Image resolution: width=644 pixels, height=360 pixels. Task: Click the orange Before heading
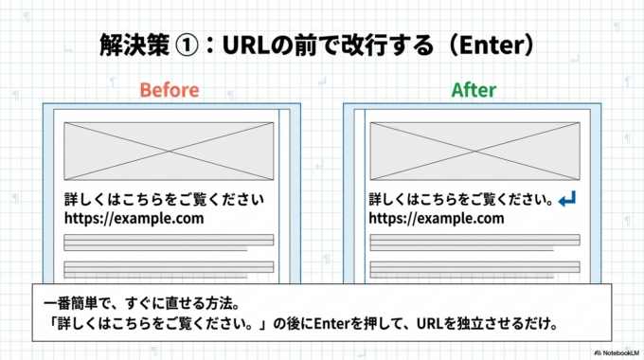pyautogui.click(x=170, y=90)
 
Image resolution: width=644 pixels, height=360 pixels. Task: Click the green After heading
pyautogui.click(x=474, y=90)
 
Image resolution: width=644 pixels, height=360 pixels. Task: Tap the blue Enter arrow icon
pyautogui.click(x=567, y=200)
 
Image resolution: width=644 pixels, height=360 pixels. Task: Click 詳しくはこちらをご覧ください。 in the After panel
pyautogui.click(x=460, y=200)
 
